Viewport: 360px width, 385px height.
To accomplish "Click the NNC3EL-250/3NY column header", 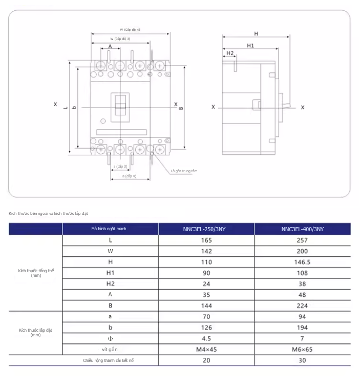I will (x=207, y=229).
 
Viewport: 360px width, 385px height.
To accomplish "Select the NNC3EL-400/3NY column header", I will (x=302, y=229).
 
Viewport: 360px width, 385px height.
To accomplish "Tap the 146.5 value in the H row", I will (x=302, y=261).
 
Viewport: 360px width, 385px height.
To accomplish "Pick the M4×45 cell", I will (x=207, y=349).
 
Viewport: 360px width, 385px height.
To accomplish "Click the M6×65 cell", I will (x=302, y=349).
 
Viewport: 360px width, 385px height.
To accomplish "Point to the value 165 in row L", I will (x=207, y=240).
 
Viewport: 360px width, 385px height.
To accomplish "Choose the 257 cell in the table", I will (x=302, y=240).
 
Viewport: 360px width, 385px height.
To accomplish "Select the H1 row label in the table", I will (x=110, y=273).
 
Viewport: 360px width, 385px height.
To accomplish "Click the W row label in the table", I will (x=110, y=251).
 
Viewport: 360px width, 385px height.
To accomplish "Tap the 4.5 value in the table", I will (x=207, y=338).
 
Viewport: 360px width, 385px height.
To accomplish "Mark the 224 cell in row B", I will (x=302, y=306).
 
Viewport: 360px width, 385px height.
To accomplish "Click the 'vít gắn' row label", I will (x=110, y=349).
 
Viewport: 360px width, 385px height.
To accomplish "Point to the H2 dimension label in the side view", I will (x=229, y=53).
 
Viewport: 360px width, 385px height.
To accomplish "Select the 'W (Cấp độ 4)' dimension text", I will (x=129, y=30).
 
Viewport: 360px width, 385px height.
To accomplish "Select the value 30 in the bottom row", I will (x=302, y=360).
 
